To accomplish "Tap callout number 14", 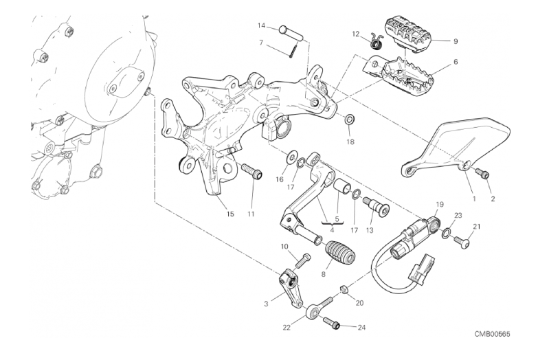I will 262,26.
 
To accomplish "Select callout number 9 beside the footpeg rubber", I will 456,41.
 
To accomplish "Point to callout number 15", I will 230,214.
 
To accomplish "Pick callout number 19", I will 440,204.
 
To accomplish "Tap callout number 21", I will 477,227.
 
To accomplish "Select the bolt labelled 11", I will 250,170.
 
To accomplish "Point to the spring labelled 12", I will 374,43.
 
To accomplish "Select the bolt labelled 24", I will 331,321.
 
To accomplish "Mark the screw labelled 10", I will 302,260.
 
